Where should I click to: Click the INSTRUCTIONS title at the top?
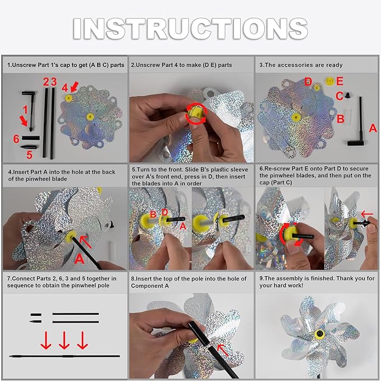click(191, 29)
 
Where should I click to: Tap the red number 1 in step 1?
click(25, 110)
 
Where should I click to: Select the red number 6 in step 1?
click(16, 139)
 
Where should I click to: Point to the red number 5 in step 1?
click(29, 155)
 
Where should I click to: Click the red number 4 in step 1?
click(65, 88)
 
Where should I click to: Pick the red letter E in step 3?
click(339, 81)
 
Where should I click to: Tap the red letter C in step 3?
click(339, 96)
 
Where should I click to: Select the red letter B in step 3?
click(341, 119)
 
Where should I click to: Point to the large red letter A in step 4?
click(79, 258)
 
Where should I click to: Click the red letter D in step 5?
click(164, 212)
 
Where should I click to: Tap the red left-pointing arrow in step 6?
click(367, 214)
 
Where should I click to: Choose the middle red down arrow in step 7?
click(64, 340)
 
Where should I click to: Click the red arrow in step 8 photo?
click(223, 350)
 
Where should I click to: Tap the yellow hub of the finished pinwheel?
click(320, 334)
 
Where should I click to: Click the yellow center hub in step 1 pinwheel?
click(90, 117)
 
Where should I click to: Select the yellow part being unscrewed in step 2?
click(195, 114)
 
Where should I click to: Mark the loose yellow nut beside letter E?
click(329, 81)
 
